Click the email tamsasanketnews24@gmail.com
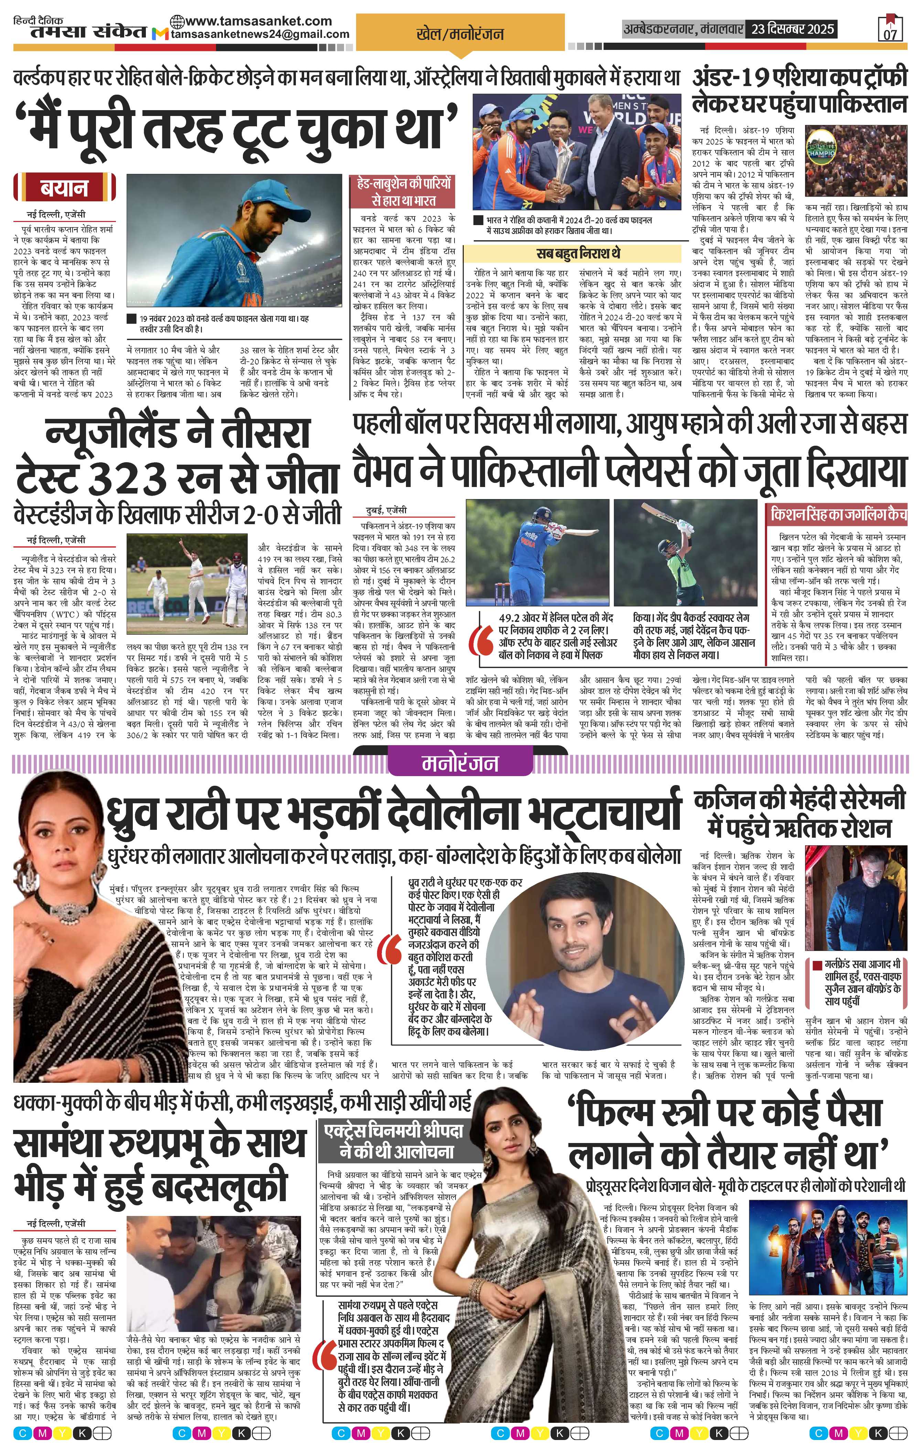pos(260,34)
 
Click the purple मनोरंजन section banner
pos(460,763)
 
